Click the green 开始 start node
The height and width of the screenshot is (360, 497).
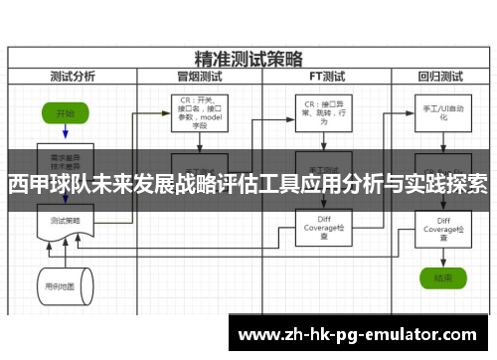66,114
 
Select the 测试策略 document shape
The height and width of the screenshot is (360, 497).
65,220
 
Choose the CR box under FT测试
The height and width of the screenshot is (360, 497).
318,112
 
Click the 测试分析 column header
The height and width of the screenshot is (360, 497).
72,75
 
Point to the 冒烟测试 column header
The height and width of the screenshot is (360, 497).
199,75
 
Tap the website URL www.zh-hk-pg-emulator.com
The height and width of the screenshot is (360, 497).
362,333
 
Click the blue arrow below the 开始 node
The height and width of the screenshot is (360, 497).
66,134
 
